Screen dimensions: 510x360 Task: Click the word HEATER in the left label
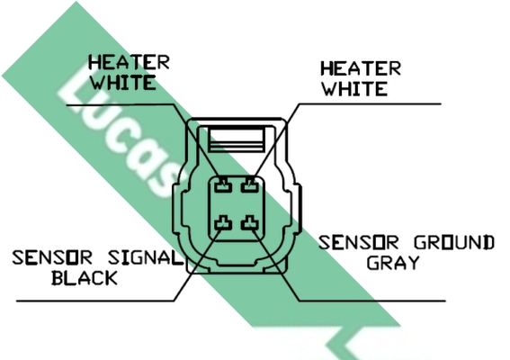(x=130, y=62)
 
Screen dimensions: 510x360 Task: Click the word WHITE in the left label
(x=123, y=83)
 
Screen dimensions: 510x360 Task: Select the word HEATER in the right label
(x=361, y=68)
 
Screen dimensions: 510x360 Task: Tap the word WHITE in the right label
(x=355, y=88)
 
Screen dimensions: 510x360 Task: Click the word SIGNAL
(x=146, y=257)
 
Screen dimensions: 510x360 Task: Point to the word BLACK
(x=85, y=278)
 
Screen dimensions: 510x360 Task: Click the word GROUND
(x=454, y=242)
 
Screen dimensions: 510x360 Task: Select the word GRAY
(x=393, y=263)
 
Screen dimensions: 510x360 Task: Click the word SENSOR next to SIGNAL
(x=52, y=257)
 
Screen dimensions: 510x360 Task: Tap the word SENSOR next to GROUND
(x=358, y=242)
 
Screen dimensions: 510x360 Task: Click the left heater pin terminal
(x=223, y=185)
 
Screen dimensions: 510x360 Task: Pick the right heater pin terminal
(x=250, y=185)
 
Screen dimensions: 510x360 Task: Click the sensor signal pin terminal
(x=223, y=222)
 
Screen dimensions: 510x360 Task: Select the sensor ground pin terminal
(x=250, y=222)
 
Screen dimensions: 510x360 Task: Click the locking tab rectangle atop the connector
(x=237, y=140)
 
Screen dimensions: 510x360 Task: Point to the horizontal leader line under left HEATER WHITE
(x=121, y=105)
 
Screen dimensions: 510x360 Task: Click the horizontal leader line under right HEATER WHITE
(x=370, y=104)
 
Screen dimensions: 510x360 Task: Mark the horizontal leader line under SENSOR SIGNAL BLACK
(x=95, y=301)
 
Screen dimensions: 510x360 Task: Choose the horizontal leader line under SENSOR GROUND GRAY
(x=372, y=301)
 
